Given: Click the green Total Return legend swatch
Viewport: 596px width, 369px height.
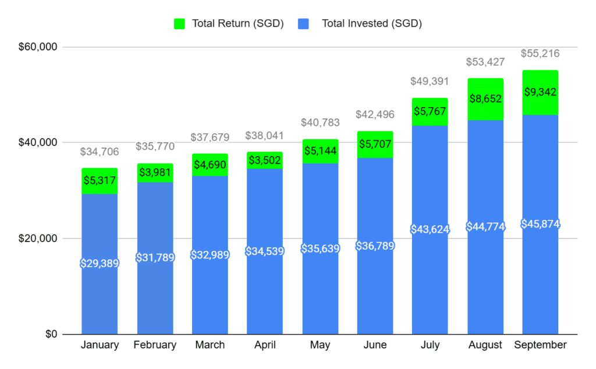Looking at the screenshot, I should [x=179, y=24].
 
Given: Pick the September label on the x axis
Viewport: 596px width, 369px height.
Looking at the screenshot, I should [x=540, y=345].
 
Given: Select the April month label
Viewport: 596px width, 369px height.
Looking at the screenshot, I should [x=265, y=345].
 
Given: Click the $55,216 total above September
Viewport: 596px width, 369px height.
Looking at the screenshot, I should [x=540, y=54].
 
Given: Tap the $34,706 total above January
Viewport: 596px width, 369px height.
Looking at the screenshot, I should [x=99, y=152].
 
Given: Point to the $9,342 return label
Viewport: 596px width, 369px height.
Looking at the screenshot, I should [x=540, y=92].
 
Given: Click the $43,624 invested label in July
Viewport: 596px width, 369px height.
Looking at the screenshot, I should [x=430, y=229].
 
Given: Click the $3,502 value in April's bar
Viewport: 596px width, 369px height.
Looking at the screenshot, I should [x=265, y=161].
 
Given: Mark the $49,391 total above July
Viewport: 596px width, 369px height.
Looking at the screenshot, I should [x=430, y=82].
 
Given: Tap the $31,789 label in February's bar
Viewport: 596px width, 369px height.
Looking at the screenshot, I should [x=155, y=257].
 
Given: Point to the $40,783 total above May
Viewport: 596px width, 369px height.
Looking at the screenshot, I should [x=320, y=123].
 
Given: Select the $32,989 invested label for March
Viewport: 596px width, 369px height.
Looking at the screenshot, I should [x=210, y=255].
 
